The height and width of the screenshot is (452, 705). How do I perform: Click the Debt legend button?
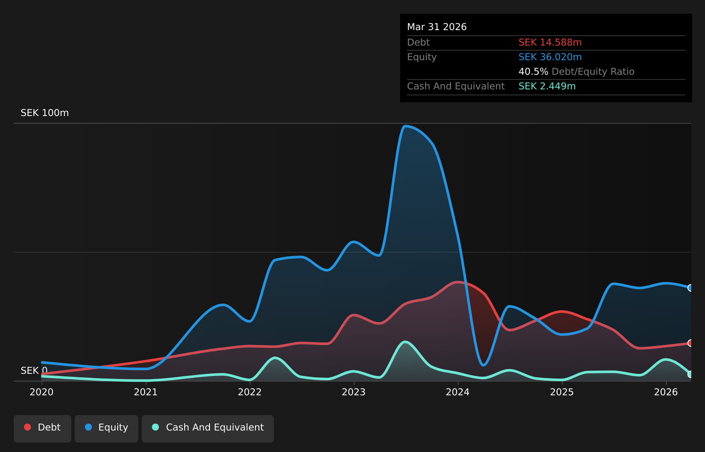click(x=42, y=428)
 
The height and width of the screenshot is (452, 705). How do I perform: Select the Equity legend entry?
click(x=106, y=428)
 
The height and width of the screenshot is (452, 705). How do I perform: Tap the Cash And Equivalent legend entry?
click(x=208, y=428)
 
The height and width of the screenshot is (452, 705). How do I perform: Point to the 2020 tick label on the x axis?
click(x=42, y=392)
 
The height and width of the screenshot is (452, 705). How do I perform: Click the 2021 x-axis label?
click(x=146, y=392)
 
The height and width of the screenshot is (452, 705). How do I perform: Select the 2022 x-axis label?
click(x=250, y=392)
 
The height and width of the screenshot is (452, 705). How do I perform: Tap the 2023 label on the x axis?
click(x=354, y=392)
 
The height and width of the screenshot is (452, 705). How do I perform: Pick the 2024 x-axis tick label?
click(x=458, y=392)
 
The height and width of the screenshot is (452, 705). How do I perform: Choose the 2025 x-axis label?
click(x=562, y=392)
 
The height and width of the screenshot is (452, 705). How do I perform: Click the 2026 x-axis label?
click(x=666, y=392)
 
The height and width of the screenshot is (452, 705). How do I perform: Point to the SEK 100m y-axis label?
click(x=45, y=113)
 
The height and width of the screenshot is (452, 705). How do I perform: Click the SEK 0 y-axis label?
click(x=34, y=371)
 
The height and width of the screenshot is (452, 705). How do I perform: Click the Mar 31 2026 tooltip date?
click(x=437, y=27)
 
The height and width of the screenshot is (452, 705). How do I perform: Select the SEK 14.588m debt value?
click(x=550, y=43)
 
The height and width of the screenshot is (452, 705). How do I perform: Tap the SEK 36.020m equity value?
click(x=550, y=57)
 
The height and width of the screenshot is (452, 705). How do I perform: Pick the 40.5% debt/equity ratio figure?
click(x=533, y=72)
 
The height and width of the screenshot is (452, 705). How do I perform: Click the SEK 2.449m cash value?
click(x=547, y=86)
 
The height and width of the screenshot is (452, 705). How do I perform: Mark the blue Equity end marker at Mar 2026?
click(x=690, y=288)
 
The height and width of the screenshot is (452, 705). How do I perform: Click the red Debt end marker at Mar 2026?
click(x=690, y=343)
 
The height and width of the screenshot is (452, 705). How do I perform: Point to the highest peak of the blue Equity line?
click(x=405, y=126)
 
